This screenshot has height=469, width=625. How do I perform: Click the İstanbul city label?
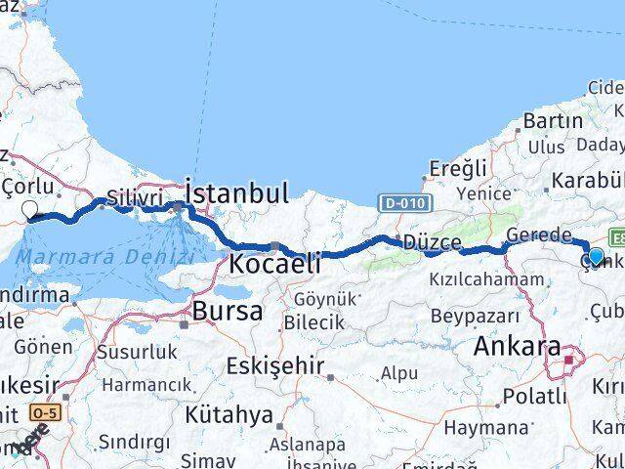tap(236, 192)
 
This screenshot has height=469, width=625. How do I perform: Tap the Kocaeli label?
tap(274, 263)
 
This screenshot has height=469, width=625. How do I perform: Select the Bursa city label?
tap(228, 312)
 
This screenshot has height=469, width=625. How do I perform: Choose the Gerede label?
tap(539, 235)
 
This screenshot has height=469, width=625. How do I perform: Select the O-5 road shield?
tap(43, 412)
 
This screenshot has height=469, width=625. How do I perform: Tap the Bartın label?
tap(552, 121)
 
